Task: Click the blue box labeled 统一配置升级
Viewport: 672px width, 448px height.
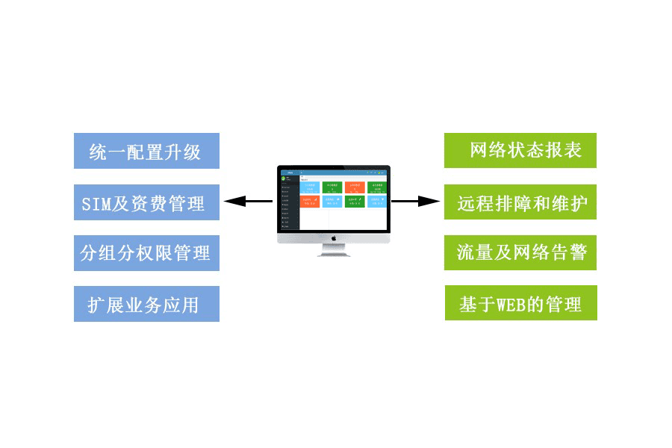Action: tap(146, 151)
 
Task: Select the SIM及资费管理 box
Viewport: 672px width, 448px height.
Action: tap(146, 202)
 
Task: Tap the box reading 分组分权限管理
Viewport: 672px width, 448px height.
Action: tap(146, 253)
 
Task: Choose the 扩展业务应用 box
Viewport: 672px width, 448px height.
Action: tap(146, 304)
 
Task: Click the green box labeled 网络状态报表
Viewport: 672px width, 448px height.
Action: tap(520, 150)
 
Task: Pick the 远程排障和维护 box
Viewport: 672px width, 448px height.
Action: tap(520, 202)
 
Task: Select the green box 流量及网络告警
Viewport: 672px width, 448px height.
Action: tap(520, 252)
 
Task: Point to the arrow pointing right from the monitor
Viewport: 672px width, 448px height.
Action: tap(415, 201)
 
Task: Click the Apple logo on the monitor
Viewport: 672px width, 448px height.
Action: tap(335, 238)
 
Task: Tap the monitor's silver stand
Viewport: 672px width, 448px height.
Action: tap(335, 251)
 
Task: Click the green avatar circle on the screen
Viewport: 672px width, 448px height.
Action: tap(284, 178)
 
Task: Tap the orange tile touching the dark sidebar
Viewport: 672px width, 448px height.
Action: tap(309, 202)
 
